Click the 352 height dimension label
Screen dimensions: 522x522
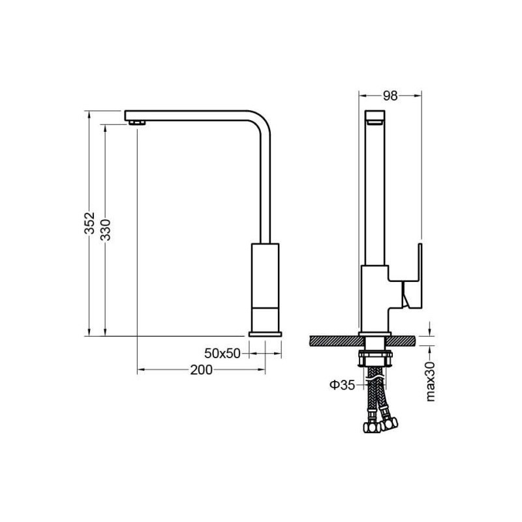pyautogui.click(x=89, y=223)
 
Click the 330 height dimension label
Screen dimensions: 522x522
pyautogui.click(x=106, y=230)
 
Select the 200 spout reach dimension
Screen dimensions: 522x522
pyautogui.click(x=201, y=370)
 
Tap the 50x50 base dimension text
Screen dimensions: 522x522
pyautogui.click(x=222, y=354)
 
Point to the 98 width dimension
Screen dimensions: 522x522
pyautogui.click(x=390, y=96)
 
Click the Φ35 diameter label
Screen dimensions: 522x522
pyautogui.click(x=342, y=386)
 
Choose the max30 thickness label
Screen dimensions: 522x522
pyautogui.click(x=431, y=382)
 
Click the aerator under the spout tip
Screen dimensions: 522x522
pyautogui.click(x=137, y=123)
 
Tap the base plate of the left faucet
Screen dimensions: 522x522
pyautogui.click(x=266, y=334)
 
